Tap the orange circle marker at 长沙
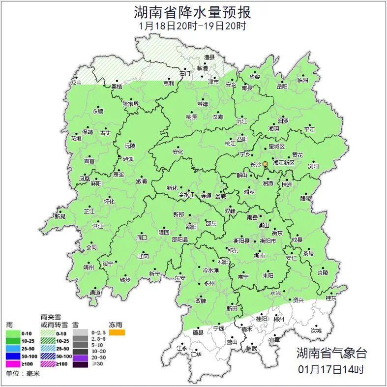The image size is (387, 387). tap(266, 164)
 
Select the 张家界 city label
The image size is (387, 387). tap(131, 104)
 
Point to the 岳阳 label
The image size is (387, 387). tap(282, 86)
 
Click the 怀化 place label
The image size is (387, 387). tap(109, 202)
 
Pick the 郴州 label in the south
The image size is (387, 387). tap(279, 319)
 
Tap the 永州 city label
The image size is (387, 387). tap(209, 284)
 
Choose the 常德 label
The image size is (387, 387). tap(203, 104)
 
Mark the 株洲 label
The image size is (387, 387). tap(287, 184)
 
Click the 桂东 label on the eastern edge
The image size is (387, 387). tap(332, 298)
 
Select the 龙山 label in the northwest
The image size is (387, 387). tap(76, 82)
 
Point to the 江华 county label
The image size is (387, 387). tap(197, 354)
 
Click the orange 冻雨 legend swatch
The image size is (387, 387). tap(117, 333)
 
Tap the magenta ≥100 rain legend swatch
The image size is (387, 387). tap(14, 364)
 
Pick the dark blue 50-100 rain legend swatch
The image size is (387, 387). tap(14, 356)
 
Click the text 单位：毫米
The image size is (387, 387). tap(23, 374)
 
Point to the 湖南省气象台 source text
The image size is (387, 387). tap(331, 353)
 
